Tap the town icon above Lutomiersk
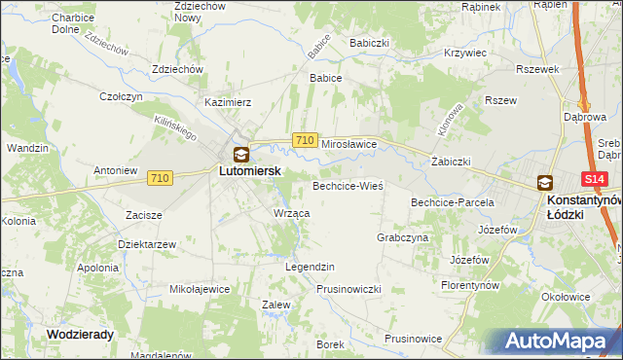240,153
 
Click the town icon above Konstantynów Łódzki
544,182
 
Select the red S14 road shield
595,180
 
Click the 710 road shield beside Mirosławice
304,141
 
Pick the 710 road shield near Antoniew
161,178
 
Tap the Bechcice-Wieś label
348,185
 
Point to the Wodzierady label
80,334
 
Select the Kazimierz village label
229,101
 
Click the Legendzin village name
310,267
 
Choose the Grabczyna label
402,237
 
